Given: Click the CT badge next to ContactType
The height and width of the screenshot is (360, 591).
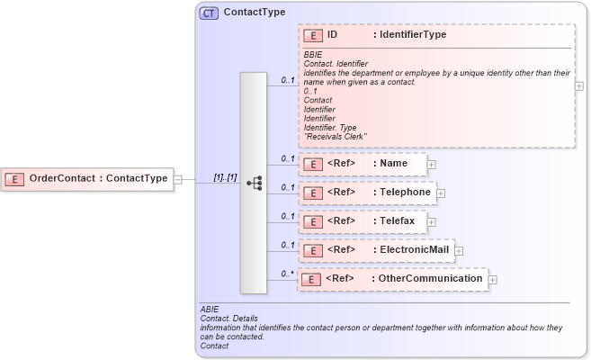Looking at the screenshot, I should pyautogui.click(x=209, y=13).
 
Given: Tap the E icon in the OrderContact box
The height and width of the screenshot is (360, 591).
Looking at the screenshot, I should pyautogui.click(x=14, y=178).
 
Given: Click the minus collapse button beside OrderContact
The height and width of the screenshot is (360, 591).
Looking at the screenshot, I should pyautogui.click(x=178, y=178).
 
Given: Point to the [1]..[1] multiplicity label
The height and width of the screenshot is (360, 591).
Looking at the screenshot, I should pyautogui.click(x=225, y=178).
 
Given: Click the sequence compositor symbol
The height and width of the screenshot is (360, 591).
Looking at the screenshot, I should pyautogui.click(x=254, y=183).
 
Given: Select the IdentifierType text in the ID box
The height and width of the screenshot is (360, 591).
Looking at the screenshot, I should pyautogui.click(x=409, y=35).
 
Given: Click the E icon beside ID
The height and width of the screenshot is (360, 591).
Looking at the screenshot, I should pyautogui.click(x=313, y=35).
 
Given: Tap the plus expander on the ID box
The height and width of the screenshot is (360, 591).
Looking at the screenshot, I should pyautogui.click(x=578, y=86).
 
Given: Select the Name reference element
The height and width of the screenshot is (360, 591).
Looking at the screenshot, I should pyautogui.click(x=362, y=165).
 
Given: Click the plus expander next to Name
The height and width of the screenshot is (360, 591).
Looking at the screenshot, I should pyautogui.click(x=432, y=165).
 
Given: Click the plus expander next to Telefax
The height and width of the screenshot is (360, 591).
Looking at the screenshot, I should pyautogui.click(x=432, y=220).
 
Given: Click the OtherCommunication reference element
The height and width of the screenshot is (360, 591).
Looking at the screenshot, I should pyautogui.click(x=392, y=279).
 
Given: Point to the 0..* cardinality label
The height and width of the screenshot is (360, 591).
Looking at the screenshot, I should pyautogui.click(x=287, y=273).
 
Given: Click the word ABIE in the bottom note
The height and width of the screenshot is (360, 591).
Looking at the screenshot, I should pyautogui.click(x=210, y=310).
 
